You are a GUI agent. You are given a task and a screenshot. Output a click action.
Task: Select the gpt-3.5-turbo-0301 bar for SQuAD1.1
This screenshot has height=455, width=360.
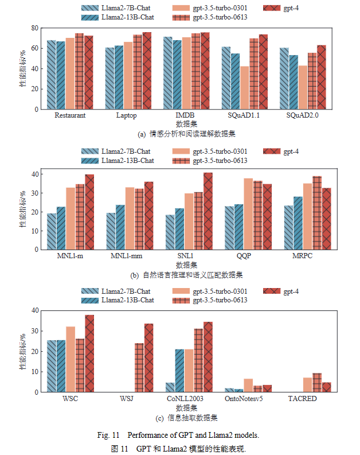click(245, 88)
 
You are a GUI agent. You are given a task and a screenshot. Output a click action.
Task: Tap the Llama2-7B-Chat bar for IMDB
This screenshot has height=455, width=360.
click(168, 73)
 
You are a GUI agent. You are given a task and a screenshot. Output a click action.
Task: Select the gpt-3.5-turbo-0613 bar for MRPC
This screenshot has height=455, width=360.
click(317, 213)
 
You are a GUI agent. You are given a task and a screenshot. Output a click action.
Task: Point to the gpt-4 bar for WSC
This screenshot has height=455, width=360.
click(89, 353)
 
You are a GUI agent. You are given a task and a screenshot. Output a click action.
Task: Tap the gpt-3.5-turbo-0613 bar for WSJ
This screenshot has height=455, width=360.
click(139, 368)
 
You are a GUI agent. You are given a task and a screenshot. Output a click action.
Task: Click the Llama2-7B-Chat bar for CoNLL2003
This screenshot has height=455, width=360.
click(170, 387)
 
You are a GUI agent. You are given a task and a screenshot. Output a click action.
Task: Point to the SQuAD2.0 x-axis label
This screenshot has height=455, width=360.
click(302, 115)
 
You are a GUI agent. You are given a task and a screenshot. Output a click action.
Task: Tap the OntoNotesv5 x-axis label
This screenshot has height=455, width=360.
click(244, 399)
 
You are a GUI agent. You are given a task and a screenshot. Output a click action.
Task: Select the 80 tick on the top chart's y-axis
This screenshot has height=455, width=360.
click(35, 28)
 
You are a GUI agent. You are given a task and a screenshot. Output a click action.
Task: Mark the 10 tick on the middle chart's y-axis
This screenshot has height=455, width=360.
click(35, 231)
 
